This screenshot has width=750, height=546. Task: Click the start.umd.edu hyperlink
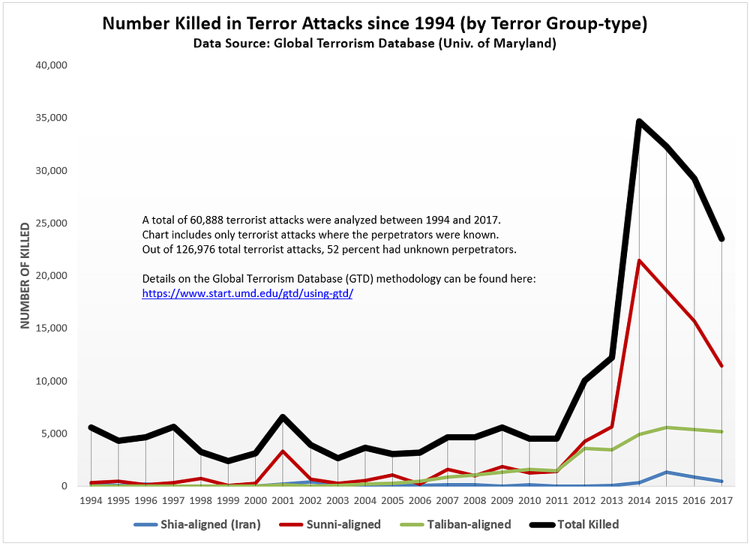(x=247, y=294)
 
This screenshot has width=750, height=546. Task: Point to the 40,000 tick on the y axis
(x=52, y=65)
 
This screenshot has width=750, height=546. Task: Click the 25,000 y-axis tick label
(x=52, y=223)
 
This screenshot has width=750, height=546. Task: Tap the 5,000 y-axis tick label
(x=55, y=433)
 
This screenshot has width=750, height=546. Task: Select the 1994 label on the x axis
(x=91, y=499)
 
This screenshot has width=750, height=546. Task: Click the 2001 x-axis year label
(x=283, y=499)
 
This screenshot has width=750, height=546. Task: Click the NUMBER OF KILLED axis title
(x=25, y=275)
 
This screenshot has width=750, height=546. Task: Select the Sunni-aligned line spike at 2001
(x=283, y=451)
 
